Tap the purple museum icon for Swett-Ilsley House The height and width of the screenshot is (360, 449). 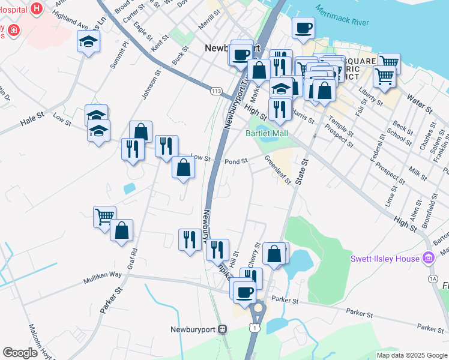[x=428, y=259]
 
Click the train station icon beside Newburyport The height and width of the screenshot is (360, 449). [x=223, y=329]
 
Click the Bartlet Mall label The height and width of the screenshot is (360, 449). [x=267, y=133]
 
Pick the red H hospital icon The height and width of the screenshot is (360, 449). [x=37, y=8]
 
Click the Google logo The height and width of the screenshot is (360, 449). [x=20, y=353]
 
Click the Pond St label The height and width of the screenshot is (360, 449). [x=236, y=161]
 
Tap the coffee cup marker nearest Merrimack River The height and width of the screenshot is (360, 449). [x=303, y=28]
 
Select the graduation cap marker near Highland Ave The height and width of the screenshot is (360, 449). [x=88, y=42]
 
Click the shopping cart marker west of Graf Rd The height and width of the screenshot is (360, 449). [x=104, y=216]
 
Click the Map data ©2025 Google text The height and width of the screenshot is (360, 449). [x=412, y=355]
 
